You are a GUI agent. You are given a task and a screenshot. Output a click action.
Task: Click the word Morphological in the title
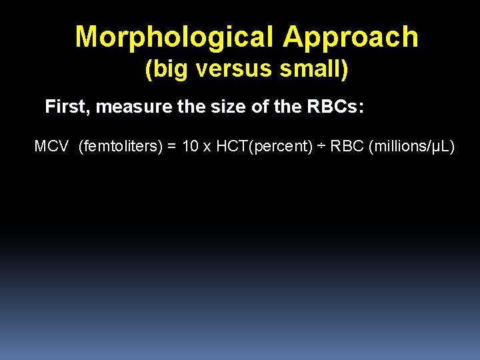click(x=175, y=37)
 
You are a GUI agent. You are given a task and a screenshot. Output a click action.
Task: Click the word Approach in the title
click(x=351, y=37)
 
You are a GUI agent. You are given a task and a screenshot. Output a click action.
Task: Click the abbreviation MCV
click(x=51, y=147)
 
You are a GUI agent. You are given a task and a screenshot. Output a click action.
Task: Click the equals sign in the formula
click(x=171, y=147)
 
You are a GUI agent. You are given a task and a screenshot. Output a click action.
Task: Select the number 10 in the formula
click(x=190, y=147)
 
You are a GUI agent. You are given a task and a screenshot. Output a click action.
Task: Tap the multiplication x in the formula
click(x=207, y=147)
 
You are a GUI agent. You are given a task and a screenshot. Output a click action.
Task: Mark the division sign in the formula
click(x=321, y=147)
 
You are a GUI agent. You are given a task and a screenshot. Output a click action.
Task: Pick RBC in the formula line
click(x=346, y=147)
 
